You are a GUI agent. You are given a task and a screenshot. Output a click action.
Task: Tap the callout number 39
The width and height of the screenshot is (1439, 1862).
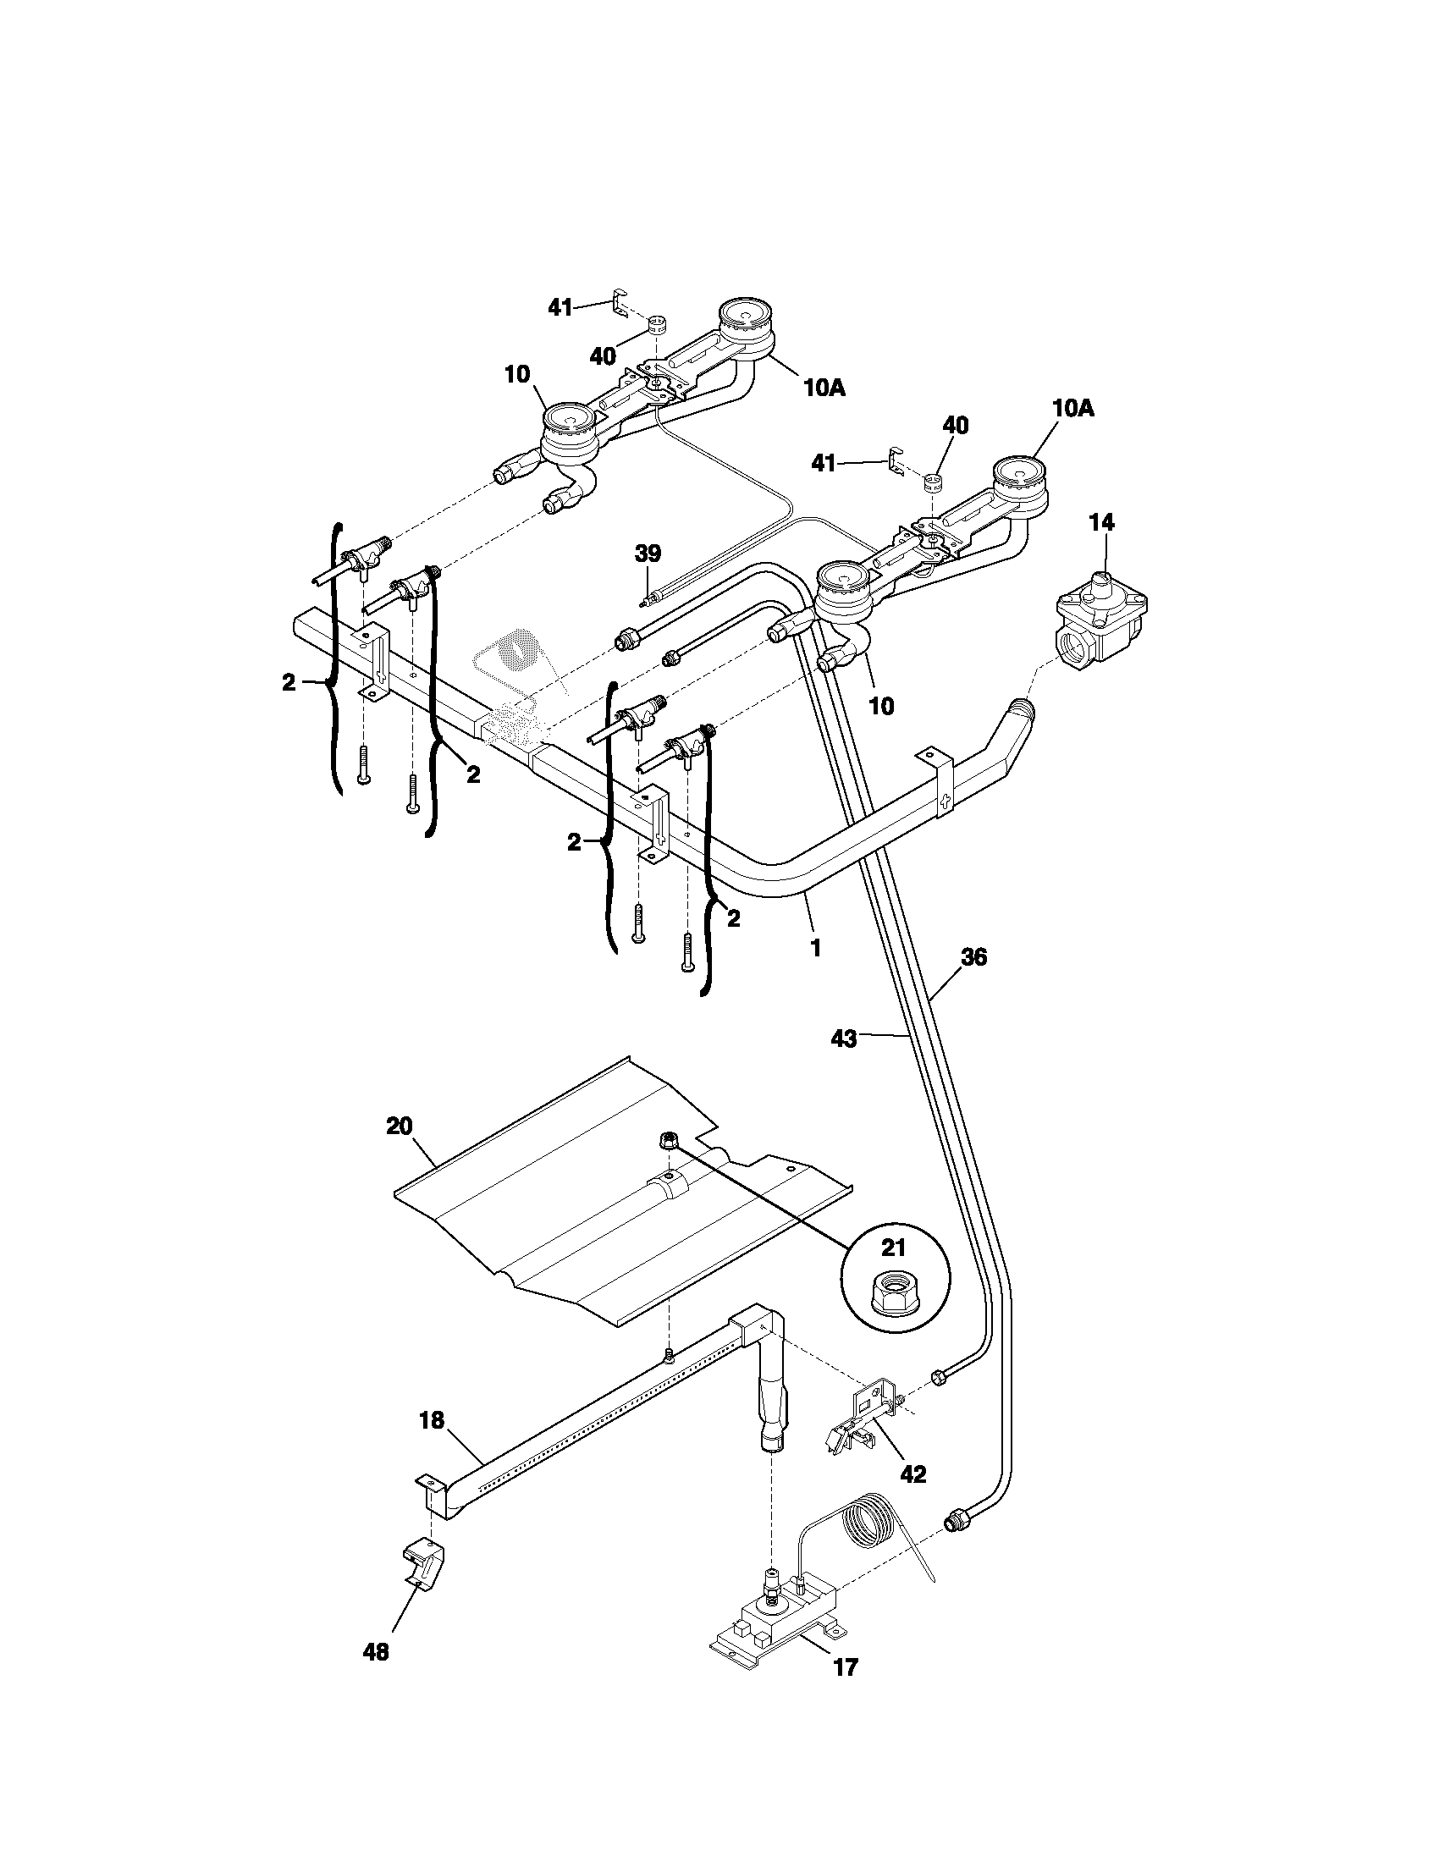(x=648, y=554)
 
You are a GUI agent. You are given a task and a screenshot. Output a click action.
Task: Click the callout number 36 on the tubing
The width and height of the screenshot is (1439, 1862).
(x=973, y=957)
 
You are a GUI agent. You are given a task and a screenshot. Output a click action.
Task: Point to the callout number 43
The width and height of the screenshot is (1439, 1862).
(x=843, y=1038)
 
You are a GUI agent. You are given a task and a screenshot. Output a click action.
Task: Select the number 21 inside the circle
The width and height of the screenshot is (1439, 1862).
(x=892, y=1248)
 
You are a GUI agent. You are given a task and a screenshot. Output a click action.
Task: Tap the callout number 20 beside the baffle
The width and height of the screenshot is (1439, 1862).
(x=399, y=1127)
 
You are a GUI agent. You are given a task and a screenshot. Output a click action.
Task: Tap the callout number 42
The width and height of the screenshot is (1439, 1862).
(x=912, y=1474)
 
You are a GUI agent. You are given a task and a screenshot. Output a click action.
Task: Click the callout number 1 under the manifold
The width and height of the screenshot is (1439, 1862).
(x=815, y=947)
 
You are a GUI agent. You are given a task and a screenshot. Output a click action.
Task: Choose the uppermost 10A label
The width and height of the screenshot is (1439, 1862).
(x=824, y=388)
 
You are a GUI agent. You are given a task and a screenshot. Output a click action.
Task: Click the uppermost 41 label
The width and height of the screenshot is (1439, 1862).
(x=560, y=309)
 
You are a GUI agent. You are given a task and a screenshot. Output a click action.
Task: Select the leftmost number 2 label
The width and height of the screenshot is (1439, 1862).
(x=289, y=682)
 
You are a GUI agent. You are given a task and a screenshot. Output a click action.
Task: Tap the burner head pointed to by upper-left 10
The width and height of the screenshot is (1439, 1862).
(x=570, y=427)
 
